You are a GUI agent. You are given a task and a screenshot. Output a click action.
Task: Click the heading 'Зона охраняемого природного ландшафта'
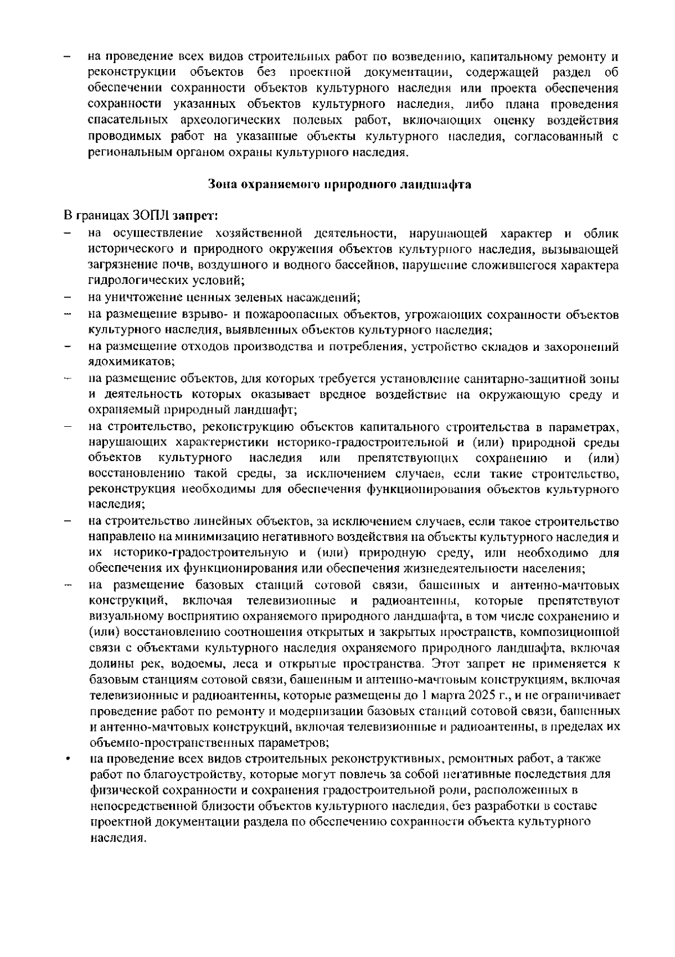pos(339,184)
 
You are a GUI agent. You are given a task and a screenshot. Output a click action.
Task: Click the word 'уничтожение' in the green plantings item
pos(136,297)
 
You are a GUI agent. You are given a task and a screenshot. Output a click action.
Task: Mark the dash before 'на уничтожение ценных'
pos(67,296)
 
